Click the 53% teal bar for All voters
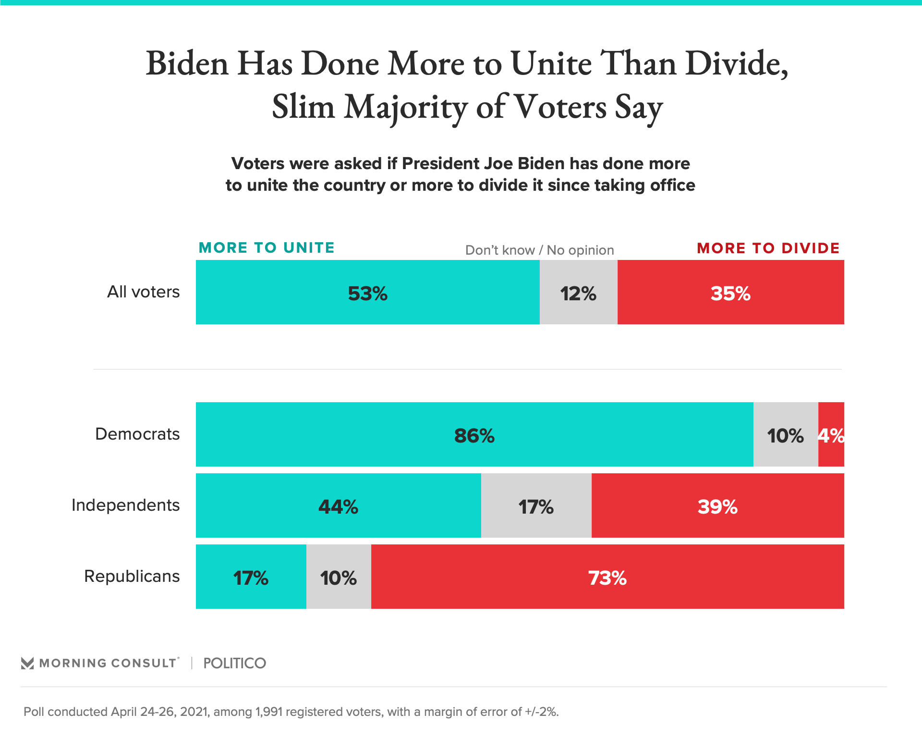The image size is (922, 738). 367,292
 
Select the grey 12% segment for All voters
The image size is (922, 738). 578,292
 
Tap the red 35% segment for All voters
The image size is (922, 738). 730,292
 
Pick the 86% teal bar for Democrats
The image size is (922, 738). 474,434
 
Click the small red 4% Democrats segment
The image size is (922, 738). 831,434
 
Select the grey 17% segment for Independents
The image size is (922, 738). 536,505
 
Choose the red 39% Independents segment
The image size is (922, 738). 717,505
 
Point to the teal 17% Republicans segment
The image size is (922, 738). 251,577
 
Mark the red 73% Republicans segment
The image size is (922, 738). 607,577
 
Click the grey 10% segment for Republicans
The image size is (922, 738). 339,577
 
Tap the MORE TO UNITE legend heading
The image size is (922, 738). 267,248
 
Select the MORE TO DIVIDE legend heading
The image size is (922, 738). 768,248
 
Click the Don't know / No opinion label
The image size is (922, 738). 539,250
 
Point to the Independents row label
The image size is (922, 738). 125,505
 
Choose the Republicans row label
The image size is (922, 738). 132,576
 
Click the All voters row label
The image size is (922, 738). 143,292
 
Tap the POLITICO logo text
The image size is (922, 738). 234,664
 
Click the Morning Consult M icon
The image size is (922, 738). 27,664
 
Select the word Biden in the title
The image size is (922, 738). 187,63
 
